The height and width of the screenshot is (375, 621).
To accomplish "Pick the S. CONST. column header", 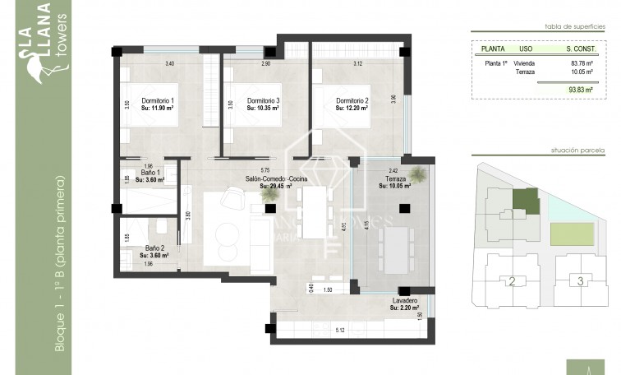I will pos(580,49).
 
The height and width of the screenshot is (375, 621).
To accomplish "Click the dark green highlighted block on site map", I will pos(525,200).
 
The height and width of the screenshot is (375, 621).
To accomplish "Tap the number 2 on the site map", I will pos(512,282).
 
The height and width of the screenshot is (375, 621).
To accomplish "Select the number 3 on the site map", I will pos(580,282).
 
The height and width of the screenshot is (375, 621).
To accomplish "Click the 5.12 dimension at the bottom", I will pos(340,331).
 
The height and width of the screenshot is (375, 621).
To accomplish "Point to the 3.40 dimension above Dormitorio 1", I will pos(170,63).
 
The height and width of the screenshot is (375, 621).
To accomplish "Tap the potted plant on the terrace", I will pos(419,174).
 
